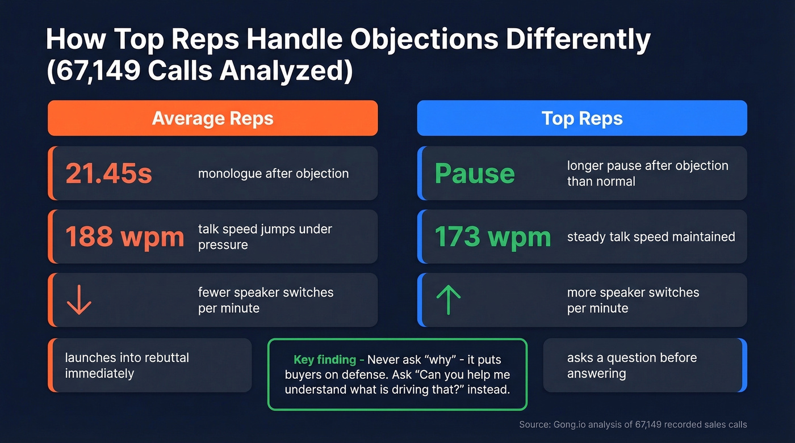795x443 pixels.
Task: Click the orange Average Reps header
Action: click(213, 119)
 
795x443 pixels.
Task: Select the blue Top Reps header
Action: click(582, 119)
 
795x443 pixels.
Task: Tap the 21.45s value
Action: click(109, 174)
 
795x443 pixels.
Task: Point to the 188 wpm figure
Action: click(125, 237)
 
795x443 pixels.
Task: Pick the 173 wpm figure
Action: click(493, 237)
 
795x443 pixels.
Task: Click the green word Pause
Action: click(475, 174)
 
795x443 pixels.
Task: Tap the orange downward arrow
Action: click(79, 300)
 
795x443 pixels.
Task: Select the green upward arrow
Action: click(447, 300)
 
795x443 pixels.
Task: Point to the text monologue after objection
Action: click(273, 174)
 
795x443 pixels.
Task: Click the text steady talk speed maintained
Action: click(651, 237)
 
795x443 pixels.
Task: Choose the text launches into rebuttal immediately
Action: click(127, 365)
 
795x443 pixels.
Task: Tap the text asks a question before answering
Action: click(631, 365)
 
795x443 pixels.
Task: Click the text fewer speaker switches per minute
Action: click(266, 300)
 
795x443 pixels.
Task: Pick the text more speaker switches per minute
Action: click(633, 300)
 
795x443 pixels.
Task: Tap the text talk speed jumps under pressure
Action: click(265, 237)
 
